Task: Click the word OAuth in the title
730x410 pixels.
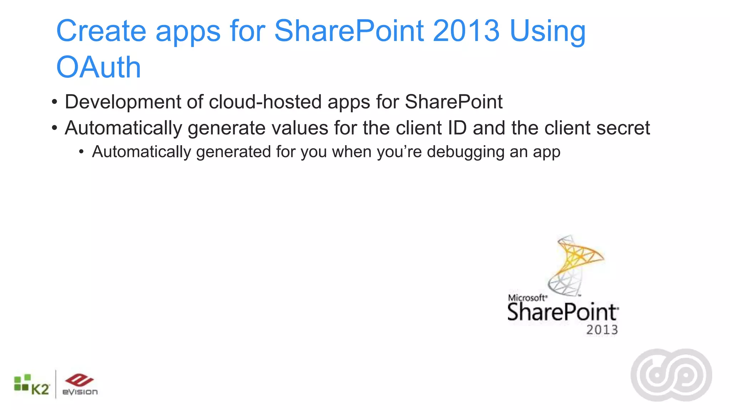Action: pyautogui.click(x=99, y=67)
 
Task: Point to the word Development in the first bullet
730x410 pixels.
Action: pyautogui.click(x=123, y=102)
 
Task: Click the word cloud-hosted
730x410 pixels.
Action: pyautogui.click(x=265, y=102)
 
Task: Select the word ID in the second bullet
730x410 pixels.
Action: pyautogui.click(x=457, y=128)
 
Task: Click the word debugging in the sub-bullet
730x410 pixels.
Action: pyautogui.click(x=466, y=152)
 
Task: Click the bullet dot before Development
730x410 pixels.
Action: pyautogui.click(x=54, y=102)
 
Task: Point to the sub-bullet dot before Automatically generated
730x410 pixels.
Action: pyautogui.click(x=82, y=152)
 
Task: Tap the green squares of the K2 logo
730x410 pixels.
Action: pyautogui.click(x=21, y=382)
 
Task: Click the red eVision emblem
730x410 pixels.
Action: pyautogui.click(x=79, y=380)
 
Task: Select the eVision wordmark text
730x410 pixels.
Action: pyautogui.click(x=80, y=392)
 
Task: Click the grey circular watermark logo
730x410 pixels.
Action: pyautogui.click(x=671, y=375)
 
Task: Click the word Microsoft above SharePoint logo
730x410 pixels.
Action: pyautogui.click(x=526, y=298)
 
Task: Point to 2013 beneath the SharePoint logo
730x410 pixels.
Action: pyautogui.click(x=602, y=330)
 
